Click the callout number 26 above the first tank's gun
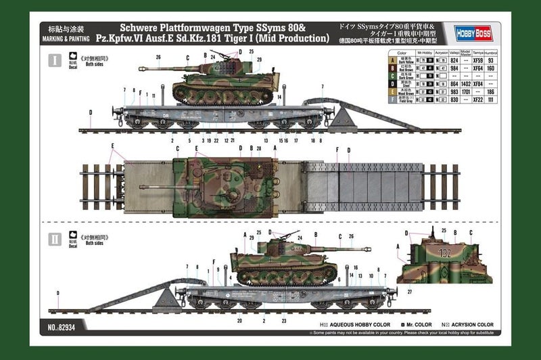coord(158,58)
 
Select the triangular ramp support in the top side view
coord(344,118)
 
